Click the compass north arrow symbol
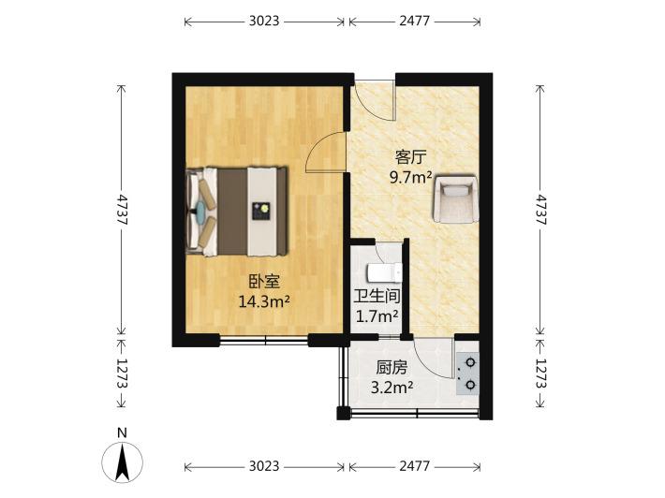click(x=122, y=462)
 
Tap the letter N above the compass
click(x=122, y=432)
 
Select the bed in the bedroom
click(x=237, y=212)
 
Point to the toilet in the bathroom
click(x=385, y=272)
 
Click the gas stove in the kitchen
click(x=467, y=373)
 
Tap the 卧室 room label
click(x=264, y=282)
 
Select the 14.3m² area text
click(x=264, y=301)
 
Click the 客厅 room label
click(x=410, y=157)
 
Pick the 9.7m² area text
click(x=410, y=177)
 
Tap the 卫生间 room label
click(x=377, y=296)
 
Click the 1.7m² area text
click(x=377, y=315)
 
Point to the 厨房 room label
click(x=391, y=368)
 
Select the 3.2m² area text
click(x=392, y=387)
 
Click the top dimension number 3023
click(x=264, y=21)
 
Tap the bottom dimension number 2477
click(x=414, y=466)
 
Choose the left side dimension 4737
click(x=122, y=210)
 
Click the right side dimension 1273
click(x=539, y=373)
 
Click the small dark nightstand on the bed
click(x=261, y=211)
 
